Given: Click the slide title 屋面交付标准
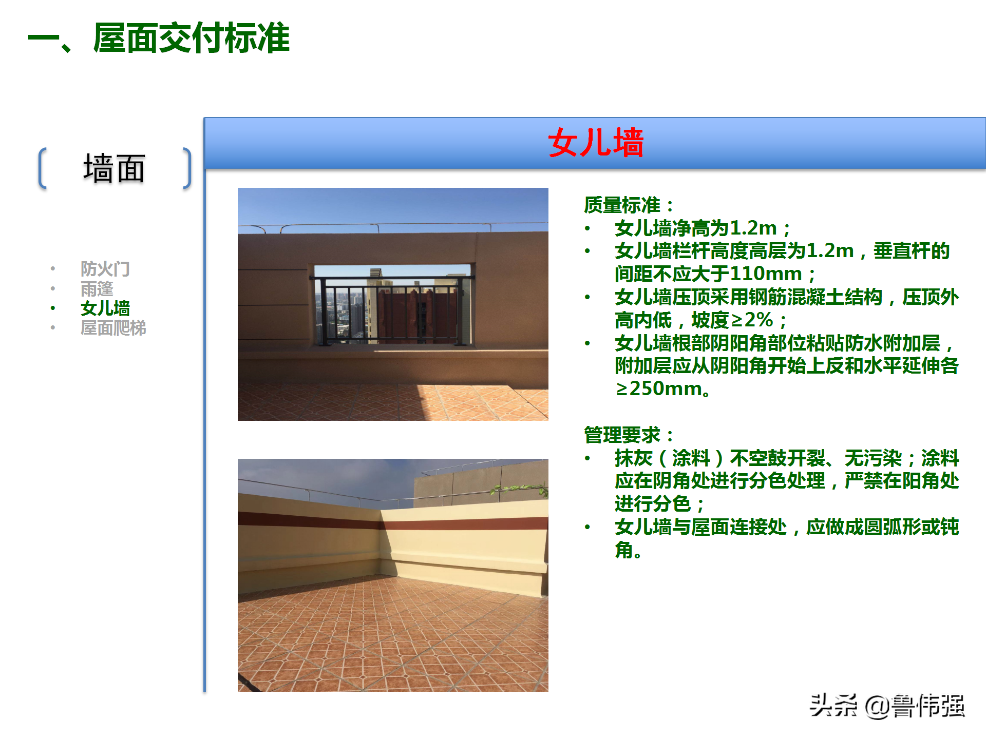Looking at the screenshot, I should pos(191,38).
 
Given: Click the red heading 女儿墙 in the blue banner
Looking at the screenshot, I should pos(595,143).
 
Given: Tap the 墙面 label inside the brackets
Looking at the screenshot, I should pos(114,168).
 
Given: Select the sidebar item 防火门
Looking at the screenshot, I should pos(105,268).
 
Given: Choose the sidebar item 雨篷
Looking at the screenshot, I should pos(97,288).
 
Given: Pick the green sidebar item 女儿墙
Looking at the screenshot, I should pos(105,308).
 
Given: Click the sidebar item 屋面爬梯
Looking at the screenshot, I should pos(113,327).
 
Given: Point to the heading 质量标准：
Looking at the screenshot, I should pos(628,205).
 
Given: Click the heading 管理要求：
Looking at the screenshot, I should pos(628,435).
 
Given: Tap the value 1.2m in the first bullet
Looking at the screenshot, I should pos(753,228).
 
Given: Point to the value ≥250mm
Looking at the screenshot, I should pos(659,389).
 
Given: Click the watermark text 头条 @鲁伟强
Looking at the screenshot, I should pos(887,706).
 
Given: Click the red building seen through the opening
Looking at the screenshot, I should pos(406,313).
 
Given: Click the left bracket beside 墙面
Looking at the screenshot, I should pos(43,168).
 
